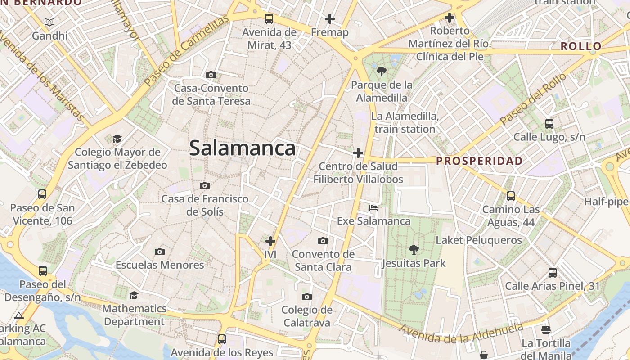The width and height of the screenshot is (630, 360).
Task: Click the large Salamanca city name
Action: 242,148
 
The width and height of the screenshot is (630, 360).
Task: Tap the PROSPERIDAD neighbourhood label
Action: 480,161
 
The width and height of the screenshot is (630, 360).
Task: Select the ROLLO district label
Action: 581,46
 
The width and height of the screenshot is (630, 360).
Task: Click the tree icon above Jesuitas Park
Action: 414,250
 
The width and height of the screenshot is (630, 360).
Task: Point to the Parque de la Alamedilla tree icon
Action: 382,71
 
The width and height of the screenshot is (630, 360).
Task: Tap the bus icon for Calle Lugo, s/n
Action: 549,124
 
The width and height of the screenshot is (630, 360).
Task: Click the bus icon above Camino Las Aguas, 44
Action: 510,196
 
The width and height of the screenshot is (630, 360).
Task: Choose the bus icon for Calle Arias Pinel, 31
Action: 552,273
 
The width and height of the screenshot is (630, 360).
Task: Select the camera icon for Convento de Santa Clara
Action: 323,241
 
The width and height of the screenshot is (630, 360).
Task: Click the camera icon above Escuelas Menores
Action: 159,252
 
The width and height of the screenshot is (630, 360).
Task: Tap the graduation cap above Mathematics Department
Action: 134,295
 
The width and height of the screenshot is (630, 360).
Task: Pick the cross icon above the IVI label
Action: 270,241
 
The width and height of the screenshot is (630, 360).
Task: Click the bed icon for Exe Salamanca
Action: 373,208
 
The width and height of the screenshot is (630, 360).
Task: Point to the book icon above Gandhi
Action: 49,22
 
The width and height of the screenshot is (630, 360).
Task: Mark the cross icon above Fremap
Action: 330,19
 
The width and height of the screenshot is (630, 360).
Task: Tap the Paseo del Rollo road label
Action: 533,99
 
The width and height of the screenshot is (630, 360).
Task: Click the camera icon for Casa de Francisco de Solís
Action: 205,185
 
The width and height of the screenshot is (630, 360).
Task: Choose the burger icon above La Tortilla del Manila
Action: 546,330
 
